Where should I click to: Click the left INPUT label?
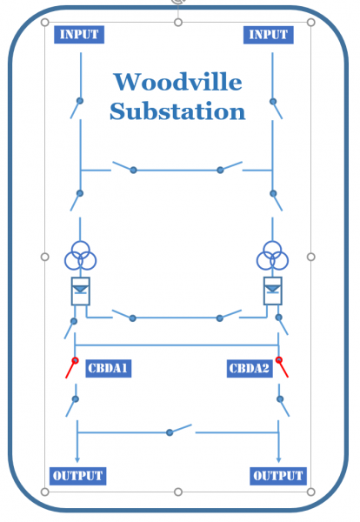click(x=79, y=35)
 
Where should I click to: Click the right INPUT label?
click(x=269, y=35)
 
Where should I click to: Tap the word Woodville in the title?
click(x=178, y=82)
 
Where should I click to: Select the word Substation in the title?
click(x=177, y=110)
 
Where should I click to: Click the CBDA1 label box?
click(x=109, y=368)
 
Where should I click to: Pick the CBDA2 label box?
click(x=250, y=369)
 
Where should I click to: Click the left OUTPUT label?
click(x=78, y=476)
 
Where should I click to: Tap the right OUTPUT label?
click(x=278, y=476)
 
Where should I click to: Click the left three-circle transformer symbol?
click(x=81, y=256)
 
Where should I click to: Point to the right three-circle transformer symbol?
click(x=272, y=256)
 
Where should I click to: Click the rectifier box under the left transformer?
click(x=81, y=291)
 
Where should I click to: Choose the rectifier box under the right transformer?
click(x=273, y=291)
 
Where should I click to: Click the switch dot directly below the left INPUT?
click(x=80, y=101)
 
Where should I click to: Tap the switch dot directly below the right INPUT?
click(x=273, y=101)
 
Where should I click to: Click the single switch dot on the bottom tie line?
click(x=170, y=432)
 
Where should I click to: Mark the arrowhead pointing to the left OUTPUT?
click(x=77, y=460)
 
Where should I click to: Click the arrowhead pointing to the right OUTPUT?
click(x=279, y=460)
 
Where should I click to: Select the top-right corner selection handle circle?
click(x=310, y=23)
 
